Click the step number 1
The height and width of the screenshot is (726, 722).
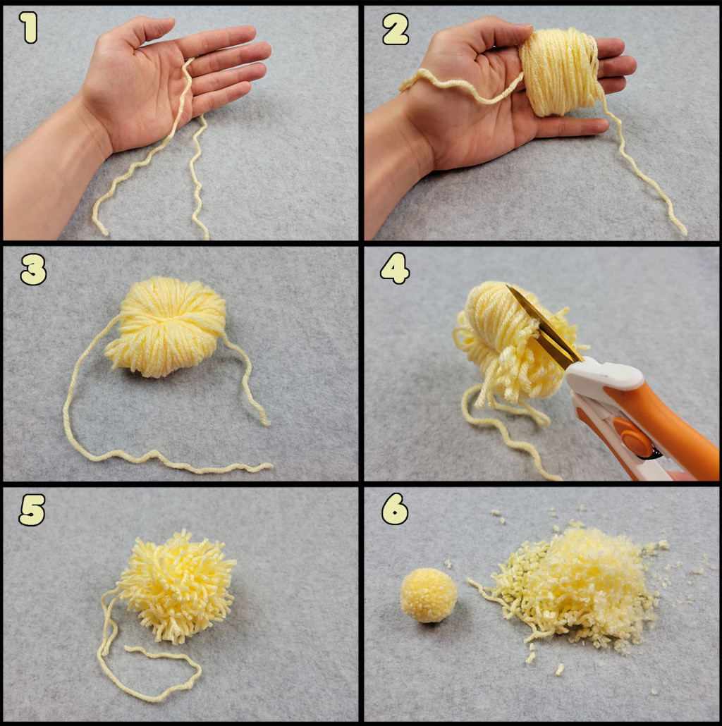click(29, 27)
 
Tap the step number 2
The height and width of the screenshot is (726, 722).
click(396, 29)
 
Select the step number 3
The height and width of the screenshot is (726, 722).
click(33, 269)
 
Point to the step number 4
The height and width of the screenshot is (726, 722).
click(395, 268)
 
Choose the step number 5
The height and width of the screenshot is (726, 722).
click(32, 510)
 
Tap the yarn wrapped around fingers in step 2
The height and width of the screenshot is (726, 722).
click(559, 70)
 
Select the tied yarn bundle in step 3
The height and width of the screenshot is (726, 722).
click(166, 326)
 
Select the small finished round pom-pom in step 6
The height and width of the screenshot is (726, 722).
click(429, 595)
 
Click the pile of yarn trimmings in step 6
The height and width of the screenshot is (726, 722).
click(574, 588)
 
